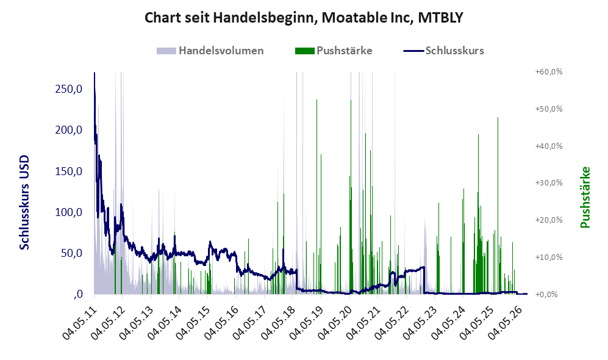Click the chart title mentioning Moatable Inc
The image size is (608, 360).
pos(304,18)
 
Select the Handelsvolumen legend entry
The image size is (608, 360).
pos(210,51)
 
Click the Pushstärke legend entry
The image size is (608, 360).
pos(334,51)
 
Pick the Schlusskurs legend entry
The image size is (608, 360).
pos(443,51)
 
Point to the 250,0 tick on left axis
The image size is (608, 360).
pos(69,89)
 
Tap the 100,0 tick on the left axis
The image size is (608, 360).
pos(69,212)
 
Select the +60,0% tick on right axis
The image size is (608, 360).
pos(549,72)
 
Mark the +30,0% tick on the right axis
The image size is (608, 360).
pos(549,182)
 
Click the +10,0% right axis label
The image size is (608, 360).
pos(549,257)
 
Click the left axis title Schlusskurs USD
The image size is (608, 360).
pos(24,202)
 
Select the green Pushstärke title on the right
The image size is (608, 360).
pos(585,197)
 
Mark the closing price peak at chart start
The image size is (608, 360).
pos(95,73)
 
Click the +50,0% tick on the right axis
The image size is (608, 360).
pos(549,109)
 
